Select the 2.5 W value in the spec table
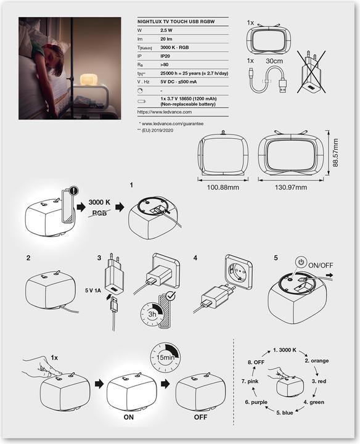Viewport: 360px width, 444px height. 166,30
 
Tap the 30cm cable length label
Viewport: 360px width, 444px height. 275,62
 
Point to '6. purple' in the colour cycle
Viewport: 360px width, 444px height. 257,402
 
